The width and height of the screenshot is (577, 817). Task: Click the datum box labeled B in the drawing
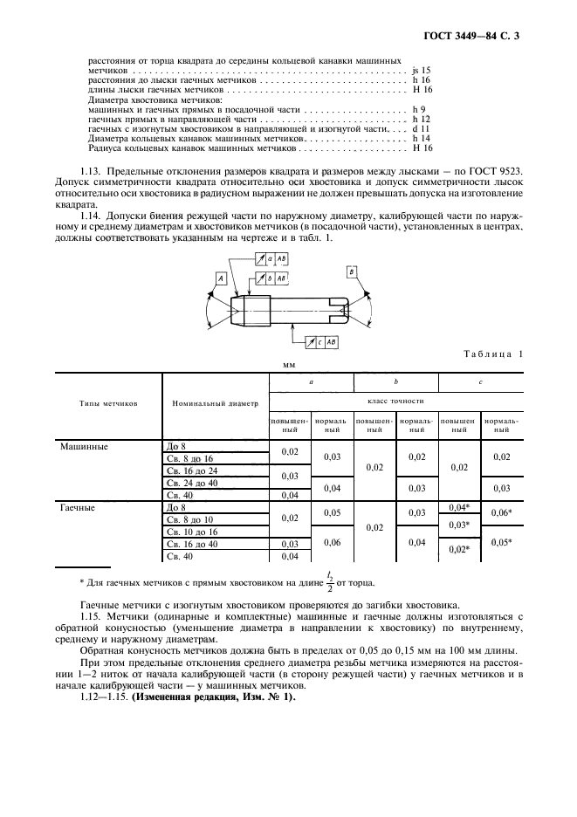pos(352,272)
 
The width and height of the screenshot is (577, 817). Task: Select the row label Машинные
pos(82,446)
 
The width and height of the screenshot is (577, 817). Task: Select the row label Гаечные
pos(79,507)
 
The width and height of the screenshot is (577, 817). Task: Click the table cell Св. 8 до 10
pos(189,519)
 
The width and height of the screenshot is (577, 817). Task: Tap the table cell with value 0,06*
pos(501,513)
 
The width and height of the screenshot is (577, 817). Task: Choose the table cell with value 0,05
pos(332,513)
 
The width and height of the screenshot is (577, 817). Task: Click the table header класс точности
pos(395,401)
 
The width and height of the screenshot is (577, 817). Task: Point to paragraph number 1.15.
pos(90,616)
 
